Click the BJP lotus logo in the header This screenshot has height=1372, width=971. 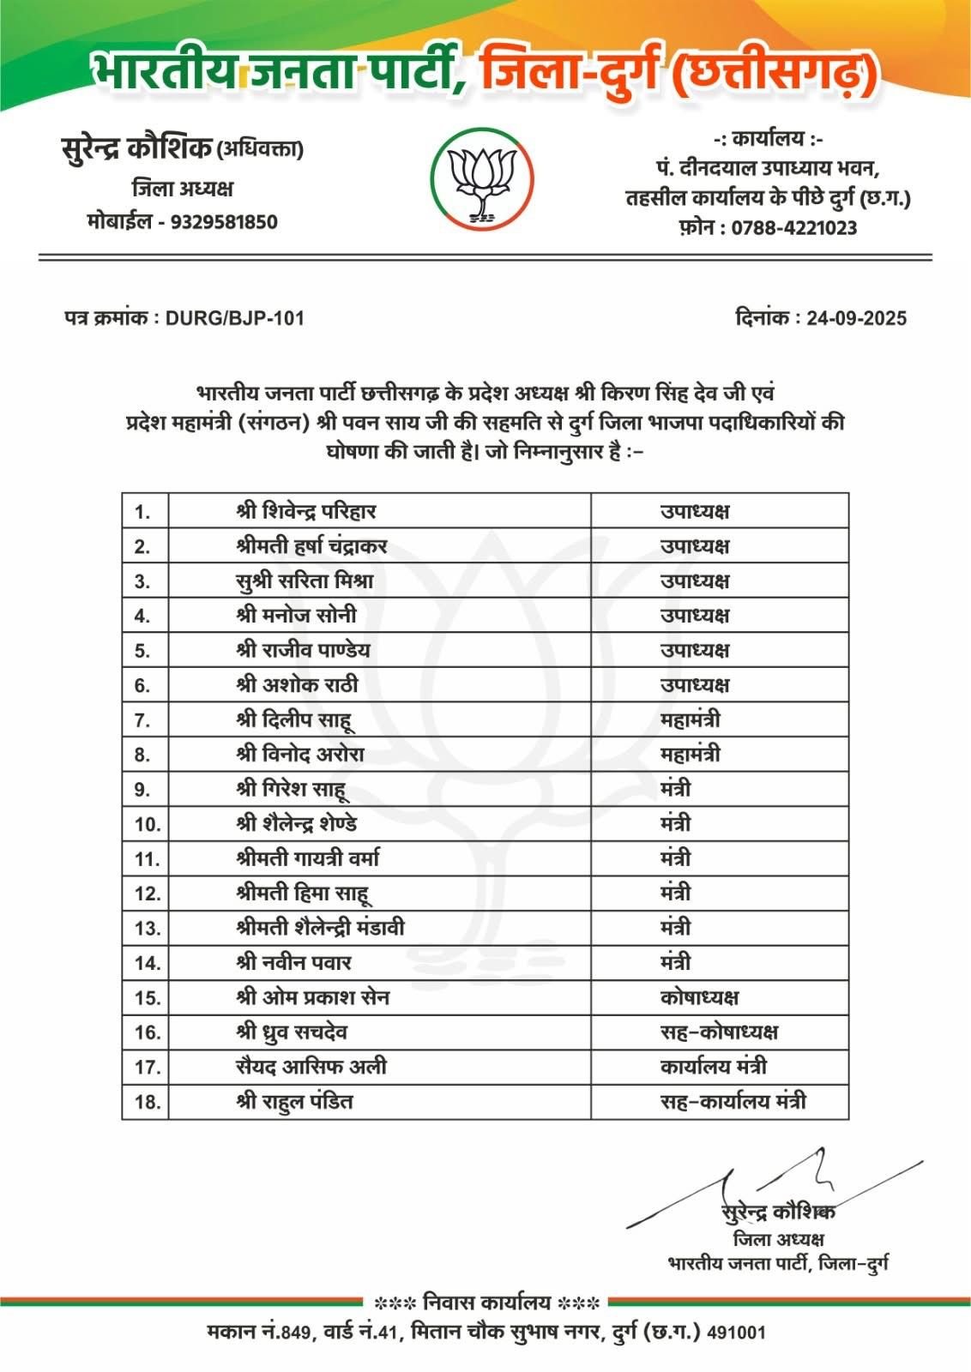pos(482,179)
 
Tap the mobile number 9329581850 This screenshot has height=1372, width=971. pos(224,222)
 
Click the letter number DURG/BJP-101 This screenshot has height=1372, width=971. pos(234,318)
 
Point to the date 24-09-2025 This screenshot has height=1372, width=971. pos(856,318)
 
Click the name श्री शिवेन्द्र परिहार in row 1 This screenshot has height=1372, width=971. pos(306,512)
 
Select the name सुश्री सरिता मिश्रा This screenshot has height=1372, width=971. pos(305,581)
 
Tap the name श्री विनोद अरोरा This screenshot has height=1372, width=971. pos(300,755)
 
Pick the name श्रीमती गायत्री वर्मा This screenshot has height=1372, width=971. pos(307,858)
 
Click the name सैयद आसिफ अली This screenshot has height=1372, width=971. pos(311,1067)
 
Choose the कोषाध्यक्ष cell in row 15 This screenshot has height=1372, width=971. pos(699,997)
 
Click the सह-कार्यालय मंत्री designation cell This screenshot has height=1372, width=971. pos(733,1102)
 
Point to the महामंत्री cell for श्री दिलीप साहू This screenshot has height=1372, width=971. pos(690,720)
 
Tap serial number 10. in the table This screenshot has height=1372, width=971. pos(148,824)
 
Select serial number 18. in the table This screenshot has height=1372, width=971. pos(148,1102)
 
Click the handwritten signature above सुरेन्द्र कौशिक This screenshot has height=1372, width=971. pos(772,1188)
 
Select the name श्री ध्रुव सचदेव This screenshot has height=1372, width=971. pos(292,1032)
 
